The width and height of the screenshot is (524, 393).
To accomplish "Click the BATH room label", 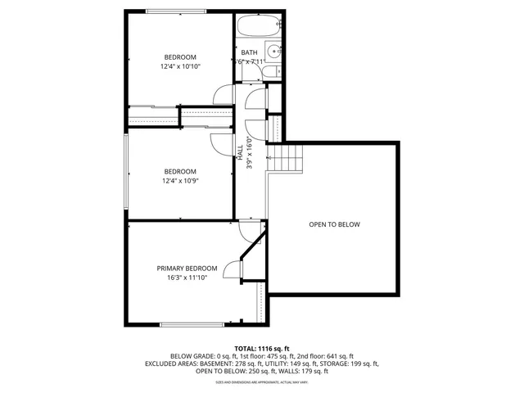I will point(249,52).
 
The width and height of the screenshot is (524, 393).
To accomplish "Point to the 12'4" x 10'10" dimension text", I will point(181,66).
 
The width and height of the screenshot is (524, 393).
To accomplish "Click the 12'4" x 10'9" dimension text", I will point(181,180).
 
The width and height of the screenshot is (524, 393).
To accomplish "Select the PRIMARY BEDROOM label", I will point(187,269).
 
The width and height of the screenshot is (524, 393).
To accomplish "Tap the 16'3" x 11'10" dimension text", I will point(187,278).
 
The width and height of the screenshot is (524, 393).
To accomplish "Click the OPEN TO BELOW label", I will point(334,224).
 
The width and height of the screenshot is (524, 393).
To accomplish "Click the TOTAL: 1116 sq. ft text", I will point(262,348).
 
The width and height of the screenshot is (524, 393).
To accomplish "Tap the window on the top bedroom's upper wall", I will point(180,11).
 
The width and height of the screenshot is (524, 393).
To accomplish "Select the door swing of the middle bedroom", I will point(221,143).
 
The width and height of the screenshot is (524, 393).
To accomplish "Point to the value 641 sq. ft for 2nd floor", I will point(340,356).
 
